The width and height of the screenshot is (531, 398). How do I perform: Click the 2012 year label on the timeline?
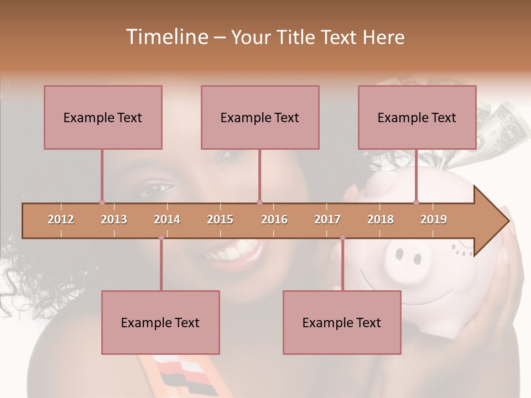(61, 219)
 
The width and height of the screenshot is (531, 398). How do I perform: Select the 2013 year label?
(114, 219)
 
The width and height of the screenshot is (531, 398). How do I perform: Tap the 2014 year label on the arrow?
(167, 219)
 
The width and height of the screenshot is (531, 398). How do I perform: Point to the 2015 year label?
(220, 219)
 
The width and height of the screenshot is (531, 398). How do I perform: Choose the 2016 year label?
(274, 219)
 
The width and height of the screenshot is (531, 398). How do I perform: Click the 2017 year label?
(327, 219)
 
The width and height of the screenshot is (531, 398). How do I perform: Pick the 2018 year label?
(381, 219)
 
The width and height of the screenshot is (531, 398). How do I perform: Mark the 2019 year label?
(434, 219)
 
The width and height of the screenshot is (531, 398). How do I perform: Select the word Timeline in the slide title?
(166, 37)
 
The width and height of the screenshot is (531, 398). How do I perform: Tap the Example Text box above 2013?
(103, 117)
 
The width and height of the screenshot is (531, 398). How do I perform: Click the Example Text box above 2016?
(260, 117)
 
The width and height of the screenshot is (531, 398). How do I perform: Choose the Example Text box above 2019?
(417, 117)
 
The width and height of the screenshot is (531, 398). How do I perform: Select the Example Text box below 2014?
(160, 322)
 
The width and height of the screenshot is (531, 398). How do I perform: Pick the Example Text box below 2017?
(342, 322)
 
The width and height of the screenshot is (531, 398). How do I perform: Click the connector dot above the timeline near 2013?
(102, 202)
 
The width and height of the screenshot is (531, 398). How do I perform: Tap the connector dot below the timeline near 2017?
(342, 238)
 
